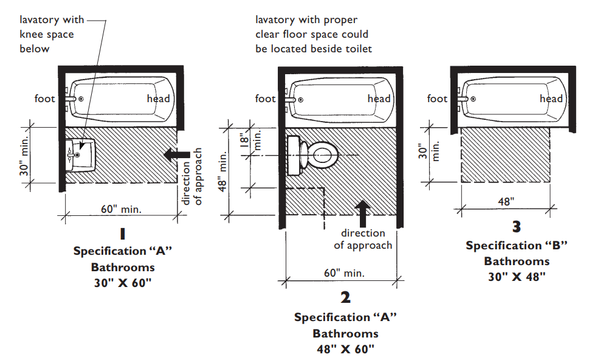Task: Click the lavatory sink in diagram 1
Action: (80, 156)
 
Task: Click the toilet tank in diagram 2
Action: (294, 155)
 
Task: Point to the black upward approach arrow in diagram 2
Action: (362, 213)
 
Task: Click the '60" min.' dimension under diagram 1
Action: (121, 209)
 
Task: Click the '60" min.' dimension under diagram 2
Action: (344, 273)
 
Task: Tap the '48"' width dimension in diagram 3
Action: (506, 201)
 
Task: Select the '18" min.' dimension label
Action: (250, 140)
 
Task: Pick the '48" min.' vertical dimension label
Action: (222, 171)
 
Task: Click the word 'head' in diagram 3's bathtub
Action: (551, 99)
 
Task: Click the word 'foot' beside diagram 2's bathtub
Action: (265, 99)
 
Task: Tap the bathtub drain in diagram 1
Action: (81, 99)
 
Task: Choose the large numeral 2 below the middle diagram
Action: (346, 297)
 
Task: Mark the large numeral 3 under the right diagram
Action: (517, 227)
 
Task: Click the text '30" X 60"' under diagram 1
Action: (122, 283)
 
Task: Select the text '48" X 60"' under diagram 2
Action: (346, 349)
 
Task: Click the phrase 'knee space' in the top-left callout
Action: (47, 35)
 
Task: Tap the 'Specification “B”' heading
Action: (517, 246)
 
